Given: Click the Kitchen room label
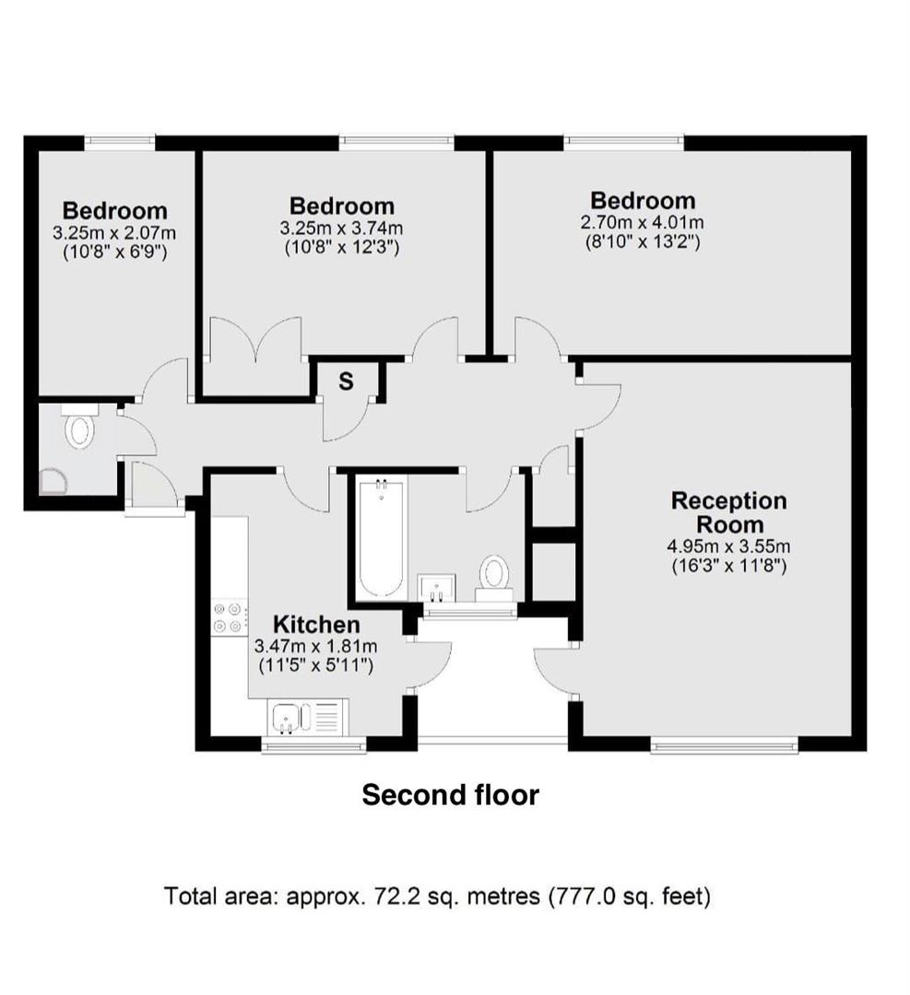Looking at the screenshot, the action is click(x=316, y=625).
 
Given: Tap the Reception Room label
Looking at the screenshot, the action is click(x=729, y=513).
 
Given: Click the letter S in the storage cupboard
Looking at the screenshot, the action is click(x=346, y=381).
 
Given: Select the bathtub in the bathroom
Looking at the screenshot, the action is click(x=381, y=539).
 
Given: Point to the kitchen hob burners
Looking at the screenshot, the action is click(x=230, y=616).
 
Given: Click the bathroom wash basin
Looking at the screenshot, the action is click(x=436, y=588).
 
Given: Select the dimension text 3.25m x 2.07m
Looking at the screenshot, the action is click(x=114, y=233).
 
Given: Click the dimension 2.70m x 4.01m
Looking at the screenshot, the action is click(x=642, y=223).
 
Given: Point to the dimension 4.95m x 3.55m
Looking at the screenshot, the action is click(x=728, y=545).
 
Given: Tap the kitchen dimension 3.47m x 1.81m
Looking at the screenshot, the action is click(x=315, y=647).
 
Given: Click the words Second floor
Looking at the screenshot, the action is click(x=450, y=794).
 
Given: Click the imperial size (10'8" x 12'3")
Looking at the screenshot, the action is click(x=342, y=247).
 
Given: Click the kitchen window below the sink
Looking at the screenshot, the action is click(x=313, y=745).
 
